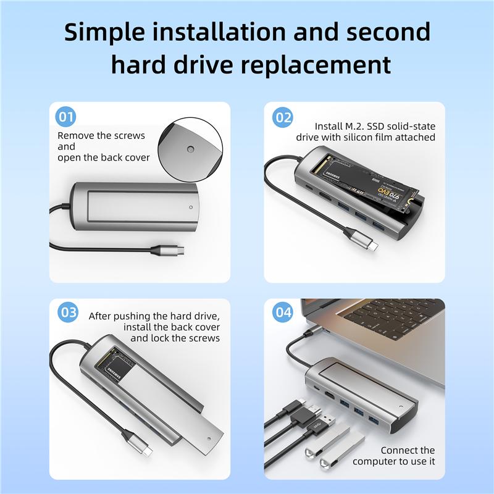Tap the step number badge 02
283,117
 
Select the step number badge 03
67,313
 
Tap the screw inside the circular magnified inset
190,149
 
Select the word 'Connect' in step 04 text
399,450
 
